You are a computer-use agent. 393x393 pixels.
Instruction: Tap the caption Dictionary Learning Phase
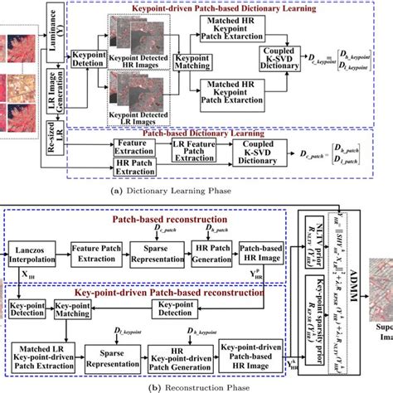click(x=175, y=189)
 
